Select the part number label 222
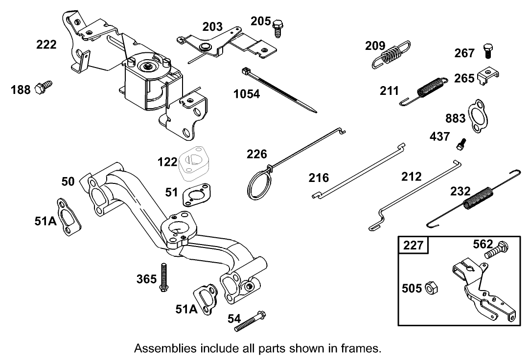click(x=46, y=45)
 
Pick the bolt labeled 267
click(x=489, y=50)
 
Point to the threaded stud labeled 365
click(x=164, y=278)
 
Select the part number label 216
click(x=319, y=177)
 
